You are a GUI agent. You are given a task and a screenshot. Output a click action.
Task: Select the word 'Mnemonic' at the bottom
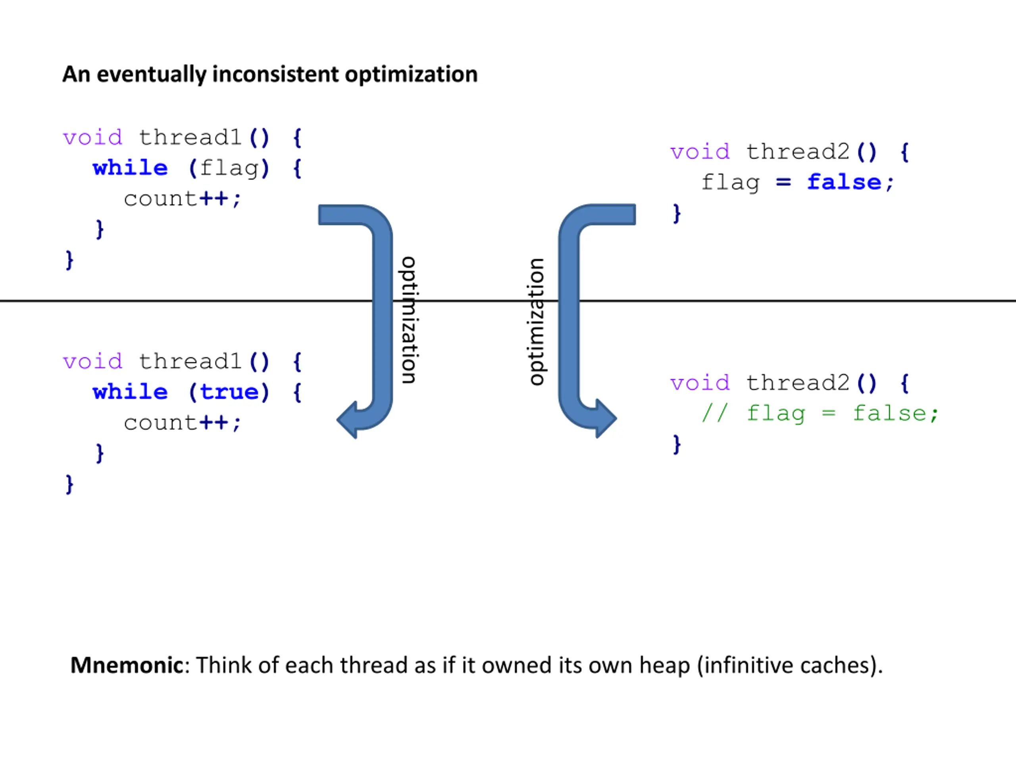(127, 665)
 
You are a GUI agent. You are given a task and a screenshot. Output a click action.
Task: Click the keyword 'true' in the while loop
(229, 392)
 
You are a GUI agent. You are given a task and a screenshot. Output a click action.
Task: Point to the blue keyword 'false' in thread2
(844, 182)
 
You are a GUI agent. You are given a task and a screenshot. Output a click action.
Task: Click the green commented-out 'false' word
(889, 414)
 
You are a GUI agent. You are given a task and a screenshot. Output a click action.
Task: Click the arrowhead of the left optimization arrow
(347, 419)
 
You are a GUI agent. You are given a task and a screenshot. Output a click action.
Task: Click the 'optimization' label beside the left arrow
(408, 320)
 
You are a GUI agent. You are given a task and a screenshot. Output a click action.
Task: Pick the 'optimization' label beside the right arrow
(537, 321)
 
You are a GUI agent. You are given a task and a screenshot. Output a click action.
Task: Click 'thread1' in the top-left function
(190, 137)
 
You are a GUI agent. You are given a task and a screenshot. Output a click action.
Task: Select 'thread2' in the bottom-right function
(798, 383)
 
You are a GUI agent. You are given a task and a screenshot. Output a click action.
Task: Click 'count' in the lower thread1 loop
(160, 423)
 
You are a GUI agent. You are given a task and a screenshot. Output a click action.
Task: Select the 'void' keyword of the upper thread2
(700, 152)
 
